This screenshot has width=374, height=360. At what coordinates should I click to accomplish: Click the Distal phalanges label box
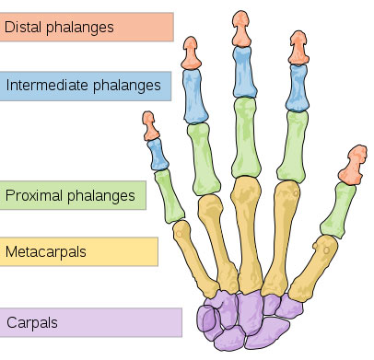tap(87, 27)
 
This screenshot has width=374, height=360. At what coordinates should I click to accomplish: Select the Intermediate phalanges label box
tap(87, 87)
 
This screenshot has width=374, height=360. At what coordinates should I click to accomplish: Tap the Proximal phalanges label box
tap(74, 195)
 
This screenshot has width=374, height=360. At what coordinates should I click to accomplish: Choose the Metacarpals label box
tap(79, 250)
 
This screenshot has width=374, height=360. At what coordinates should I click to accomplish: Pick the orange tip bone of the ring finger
tap(191, 54)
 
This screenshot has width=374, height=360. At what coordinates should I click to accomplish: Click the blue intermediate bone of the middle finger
tap(242, 73)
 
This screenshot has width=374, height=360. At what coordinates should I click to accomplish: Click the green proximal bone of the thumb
tap(341, 206)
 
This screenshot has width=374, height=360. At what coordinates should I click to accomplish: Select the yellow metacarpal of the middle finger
tap(247, 231)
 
